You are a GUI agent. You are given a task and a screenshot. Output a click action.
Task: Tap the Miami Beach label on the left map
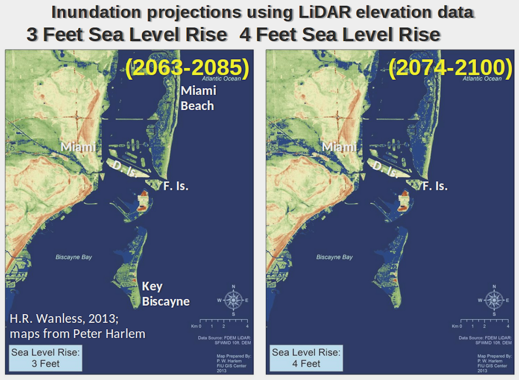tap(198, 98)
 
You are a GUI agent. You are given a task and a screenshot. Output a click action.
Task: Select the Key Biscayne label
tap(166, 294)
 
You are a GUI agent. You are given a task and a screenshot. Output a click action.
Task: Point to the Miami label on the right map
tap(339, 147)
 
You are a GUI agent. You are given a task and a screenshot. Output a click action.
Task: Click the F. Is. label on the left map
tap(176, 187)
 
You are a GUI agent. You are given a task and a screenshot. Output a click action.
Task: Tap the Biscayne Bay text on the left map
tap(74, 257)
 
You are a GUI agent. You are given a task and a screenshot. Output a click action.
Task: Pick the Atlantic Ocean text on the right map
tap(482, 79)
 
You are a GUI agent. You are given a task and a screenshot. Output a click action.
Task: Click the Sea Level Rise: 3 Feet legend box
tap(45, 358)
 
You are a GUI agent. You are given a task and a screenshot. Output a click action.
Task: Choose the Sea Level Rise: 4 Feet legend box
tap(306, 358)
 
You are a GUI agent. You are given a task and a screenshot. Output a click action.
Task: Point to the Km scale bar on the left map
tap(223, 323)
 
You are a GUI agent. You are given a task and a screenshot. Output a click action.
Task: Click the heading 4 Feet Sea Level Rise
tap(340, 35)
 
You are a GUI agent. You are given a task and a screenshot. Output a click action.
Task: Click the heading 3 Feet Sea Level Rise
tap(127, 35)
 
